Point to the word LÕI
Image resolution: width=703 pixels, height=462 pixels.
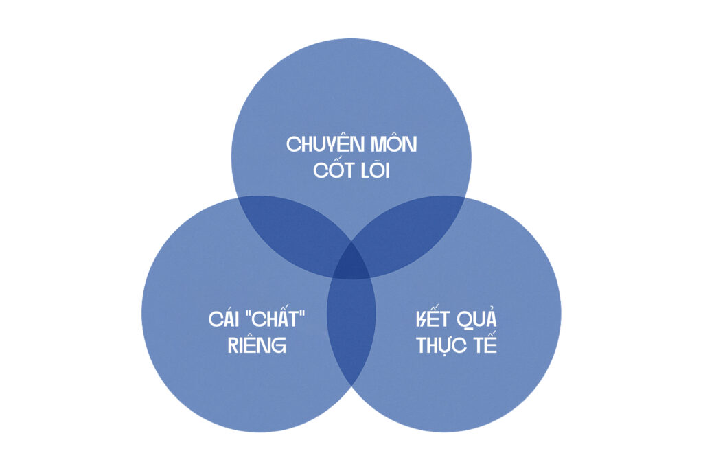[376, 170]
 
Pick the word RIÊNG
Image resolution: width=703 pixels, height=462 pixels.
[257, 345]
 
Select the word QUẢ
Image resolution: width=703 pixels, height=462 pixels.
[476, 318]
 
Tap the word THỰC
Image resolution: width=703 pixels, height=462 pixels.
[442, 345]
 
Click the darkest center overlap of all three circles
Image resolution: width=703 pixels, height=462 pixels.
[351, 265]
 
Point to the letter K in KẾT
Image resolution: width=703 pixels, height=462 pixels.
[422, 319]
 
